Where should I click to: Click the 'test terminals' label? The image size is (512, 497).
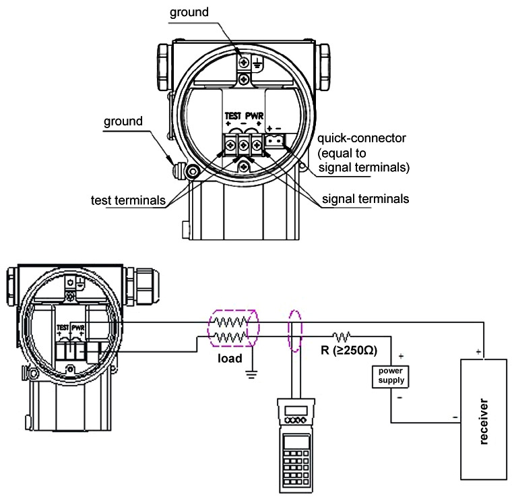[x=128, y=200]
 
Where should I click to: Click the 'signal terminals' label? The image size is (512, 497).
[x=365, y=199]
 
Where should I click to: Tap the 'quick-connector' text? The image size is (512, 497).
[x=362, y=138]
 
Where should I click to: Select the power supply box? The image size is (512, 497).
[x=390, y=376]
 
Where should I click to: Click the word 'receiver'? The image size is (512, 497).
[x=484, y=421]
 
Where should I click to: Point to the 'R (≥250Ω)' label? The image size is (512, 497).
[x=349, y=350]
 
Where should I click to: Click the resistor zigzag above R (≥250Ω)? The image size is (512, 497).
[x=342, y=336]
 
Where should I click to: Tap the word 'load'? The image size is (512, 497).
[x=230, y=359]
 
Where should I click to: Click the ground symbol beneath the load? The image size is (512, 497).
[x=251, y=374]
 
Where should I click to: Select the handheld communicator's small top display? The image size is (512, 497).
[x=296, y=411]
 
